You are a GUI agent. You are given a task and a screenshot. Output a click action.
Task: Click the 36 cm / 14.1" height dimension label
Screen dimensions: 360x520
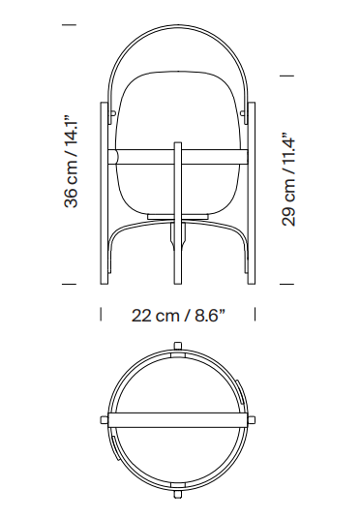coord(71,162)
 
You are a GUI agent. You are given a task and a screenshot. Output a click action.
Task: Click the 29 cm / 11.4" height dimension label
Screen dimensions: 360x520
coord(288,180)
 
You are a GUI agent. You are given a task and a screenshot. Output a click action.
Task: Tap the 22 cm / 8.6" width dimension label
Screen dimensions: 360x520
coord(178,315)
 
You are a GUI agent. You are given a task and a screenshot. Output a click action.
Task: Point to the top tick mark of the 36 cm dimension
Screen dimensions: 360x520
coord(70,24)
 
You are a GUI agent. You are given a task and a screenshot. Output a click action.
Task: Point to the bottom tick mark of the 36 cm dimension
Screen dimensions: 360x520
coord(70,284)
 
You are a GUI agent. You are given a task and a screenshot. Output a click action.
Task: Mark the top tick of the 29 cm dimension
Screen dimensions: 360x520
coord(286,76)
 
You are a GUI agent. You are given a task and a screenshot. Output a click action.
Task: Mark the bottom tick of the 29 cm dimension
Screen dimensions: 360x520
coord(286,284)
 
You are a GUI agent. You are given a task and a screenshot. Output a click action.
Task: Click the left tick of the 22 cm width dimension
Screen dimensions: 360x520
coord(101,314)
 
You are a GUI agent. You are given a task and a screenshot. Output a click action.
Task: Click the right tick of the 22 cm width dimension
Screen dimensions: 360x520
coord(255,314)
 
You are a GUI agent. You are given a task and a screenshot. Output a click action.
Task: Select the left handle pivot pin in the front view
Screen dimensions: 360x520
coord(113,113)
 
